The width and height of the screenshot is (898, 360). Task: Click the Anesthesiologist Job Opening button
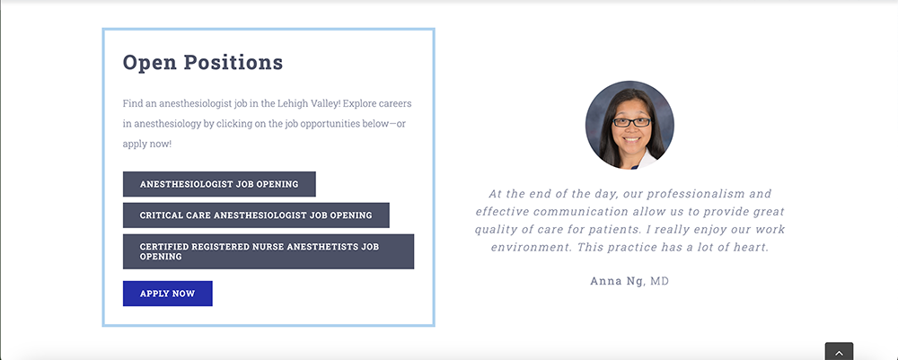pos(219,184)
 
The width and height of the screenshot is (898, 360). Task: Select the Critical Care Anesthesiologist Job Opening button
pos(256,215)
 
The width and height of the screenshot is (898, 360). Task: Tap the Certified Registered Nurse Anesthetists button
pos(268,251)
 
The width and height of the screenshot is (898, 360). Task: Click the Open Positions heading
pos(203,62)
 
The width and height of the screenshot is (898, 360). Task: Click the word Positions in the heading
pos(233,62)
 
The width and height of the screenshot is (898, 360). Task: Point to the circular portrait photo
pos(629,125)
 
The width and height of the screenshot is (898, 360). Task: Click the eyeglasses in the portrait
pos(631,122)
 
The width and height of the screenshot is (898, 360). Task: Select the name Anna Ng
pos(617,281)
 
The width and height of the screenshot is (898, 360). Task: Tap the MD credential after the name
pos(659,281)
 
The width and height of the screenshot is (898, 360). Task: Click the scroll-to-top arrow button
pos(839,351)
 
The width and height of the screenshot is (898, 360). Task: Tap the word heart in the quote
pos(753,247)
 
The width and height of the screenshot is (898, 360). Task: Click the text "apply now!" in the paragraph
pos(147,144)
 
